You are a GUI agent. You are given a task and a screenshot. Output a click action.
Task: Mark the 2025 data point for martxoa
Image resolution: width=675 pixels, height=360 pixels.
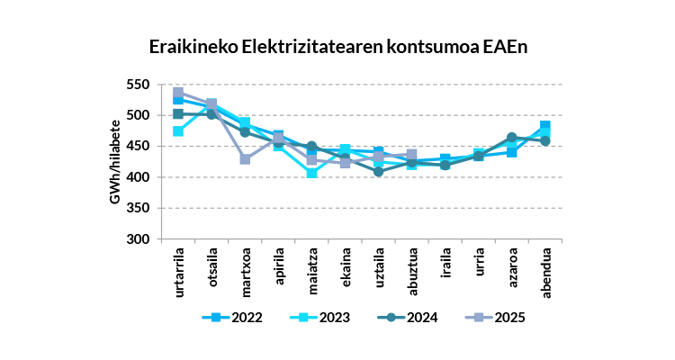245,159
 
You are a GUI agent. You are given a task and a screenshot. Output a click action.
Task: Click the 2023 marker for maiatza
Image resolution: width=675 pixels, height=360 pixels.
311,173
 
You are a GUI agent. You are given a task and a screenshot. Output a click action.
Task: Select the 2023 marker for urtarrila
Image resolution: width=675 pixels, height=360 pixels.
178,131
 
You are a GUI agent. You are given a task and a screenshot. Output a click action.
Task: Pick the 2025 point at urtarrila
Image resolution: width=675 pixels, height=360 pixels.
178,93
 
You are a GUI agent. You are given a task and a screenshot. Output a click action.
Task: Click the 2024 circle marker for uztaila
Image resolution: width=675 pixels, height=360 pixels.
379,171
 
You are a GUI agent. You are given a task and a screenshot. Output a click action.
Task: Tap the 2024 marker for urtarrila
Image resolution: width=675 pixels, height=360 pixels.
178,114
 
